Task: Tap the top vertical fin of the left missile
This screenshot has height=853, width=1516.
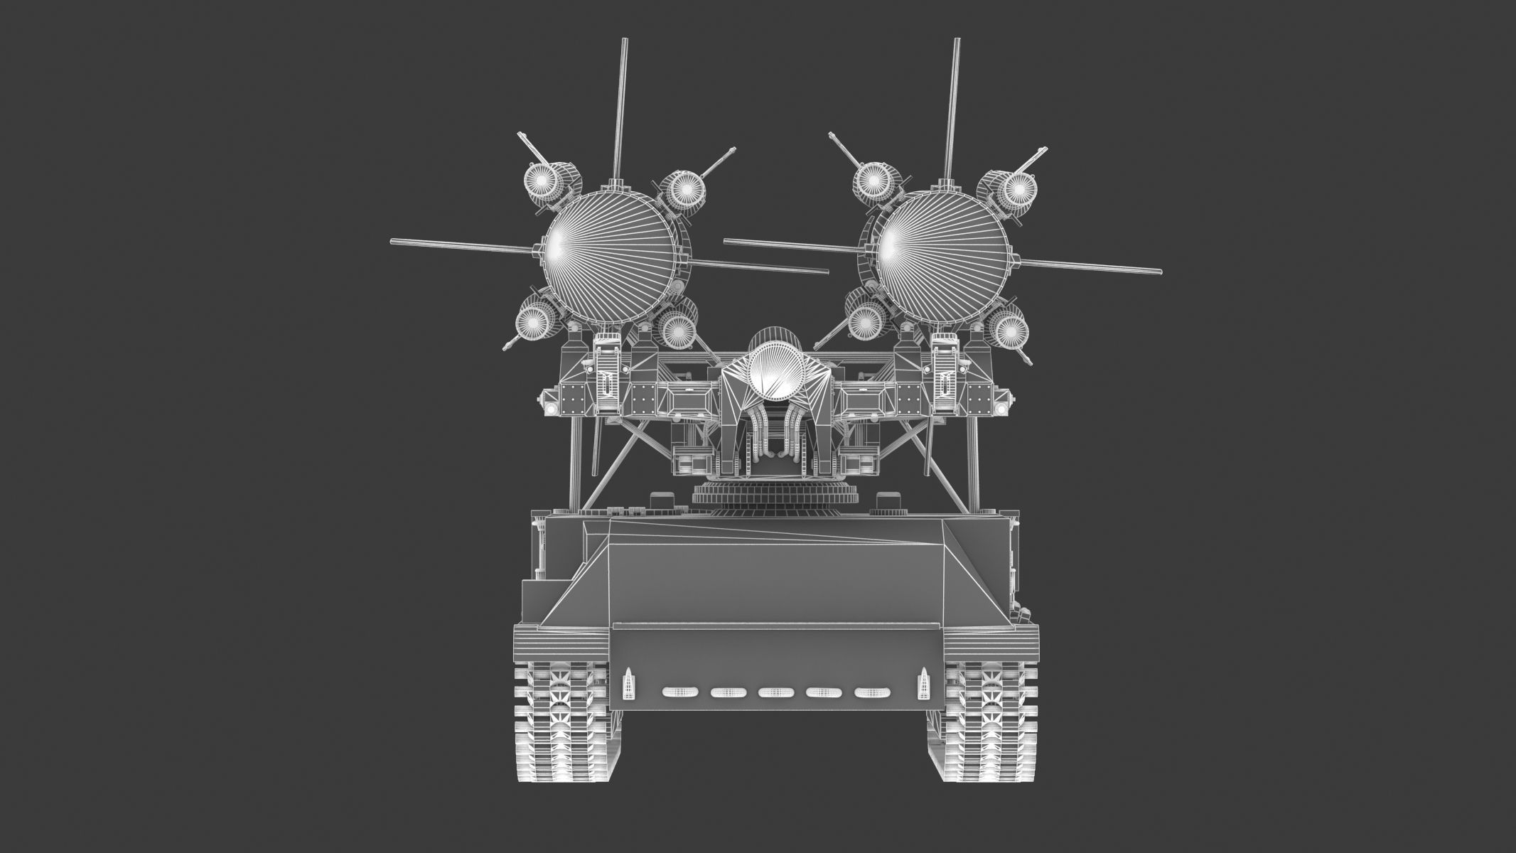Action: [x=622, y=107]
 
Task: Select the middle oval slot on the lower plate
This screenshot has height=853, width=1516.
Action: [x=776, y=692]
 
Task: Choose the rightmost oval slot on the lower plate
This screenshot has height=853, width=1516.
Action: [x=872, y=692]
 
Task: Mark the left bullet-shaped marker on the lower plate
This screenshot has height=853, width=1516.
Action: [x=629, y=684]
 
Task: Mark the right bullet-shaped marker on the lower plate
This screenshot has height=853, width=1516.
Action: [x=924, y=684]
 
